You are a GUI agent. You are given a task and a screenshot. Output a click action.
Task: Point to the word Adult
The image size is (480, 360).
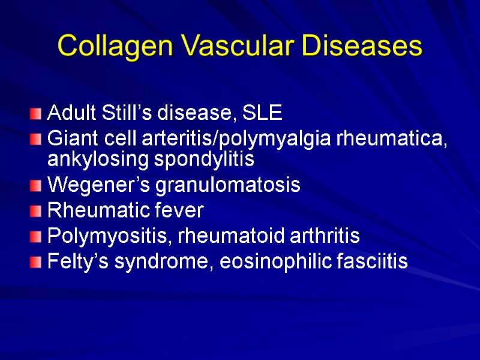(67, 112)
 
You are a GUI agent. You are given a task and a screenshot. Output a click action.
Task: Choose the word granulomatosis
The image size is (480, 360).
(228, 185)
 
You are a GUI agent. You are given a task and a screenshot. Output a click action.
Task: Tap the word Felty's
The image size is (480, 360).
(71, 262)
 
